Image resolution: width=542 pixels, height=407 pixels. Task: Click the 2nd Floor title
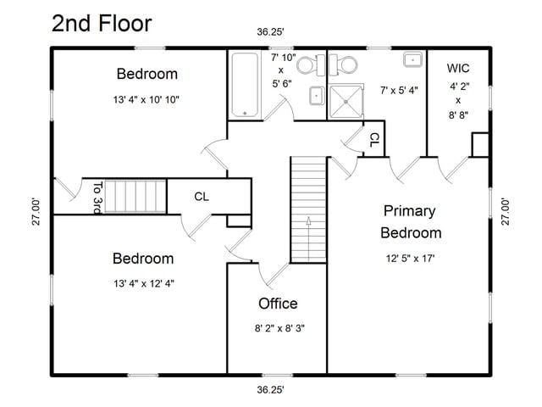(x=102, y=24)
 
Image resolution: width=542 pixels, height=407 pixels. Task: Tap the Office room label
(x=278, y=304)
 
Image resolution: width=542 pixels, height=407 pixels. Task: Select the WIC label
(x=458, y=68)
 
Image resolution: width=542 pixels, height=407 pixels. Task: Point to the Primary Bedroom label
(x=411, y=222)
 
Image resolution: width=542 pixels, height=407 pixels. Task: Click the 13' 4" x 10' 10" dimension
(x=147, y=100)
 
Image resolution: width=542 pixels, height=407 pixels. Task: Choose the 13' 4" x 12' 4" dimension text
(x=144, y=284)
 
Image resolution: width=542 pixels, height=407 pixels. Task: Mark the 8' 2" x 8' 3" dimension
(x=279, y=328)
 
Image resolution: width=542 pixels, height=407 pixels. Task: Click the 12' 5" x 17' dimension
(x=410, y=258)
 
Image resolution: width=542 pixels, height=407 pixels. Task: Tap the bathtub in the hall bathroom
(x=245, y=85)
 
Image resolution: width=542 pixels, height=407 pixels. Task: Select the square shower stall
(x=346, y=102)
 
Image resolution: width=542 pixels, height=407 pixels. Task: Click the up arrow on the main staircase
(x=308, y=239)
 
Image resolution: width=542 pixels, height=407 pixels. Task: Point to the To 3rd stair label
(x=98, y=198)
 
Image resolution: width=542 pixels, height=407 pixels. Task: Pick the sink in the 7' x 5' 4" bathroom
(x=412, y=60)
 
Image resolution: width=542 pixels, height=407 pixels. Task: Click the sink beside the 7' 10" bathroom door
(x=317, y=96)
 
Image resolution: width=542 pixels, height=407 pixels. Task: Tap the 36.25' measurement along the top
(x=270, y=32)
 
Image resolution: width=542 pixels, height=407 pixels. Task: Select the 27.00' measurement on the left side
(x=36, y=212)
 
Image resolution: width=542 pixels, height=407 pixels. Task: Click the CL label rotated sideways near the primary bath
(x=374, y=139)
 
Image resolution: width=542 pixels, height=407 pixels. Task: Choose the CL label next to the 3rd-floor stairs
(x=202, y=197)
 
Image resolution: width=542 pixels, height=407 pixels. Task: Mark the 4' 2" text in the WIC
(x=459, y=86)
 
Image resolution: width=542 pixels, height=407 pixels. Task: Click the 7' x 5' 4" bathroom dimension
(x=399, y=91)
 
